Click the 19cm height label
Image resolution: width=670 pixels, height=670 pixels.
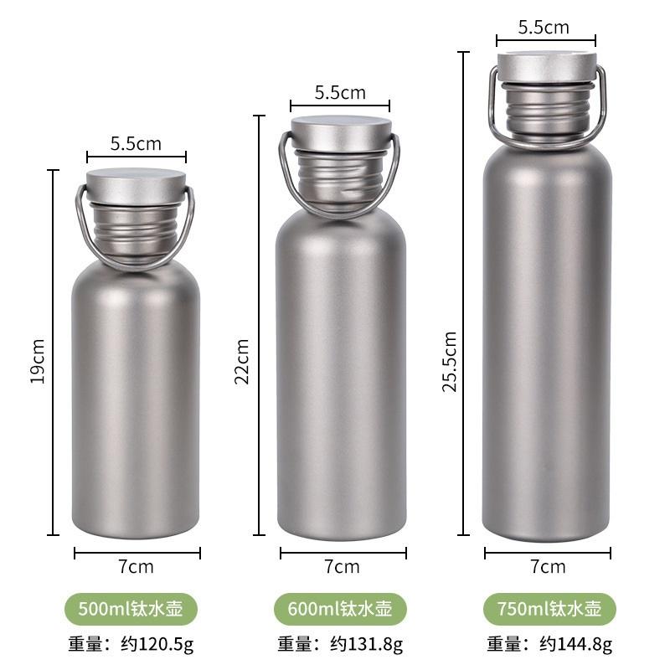(x=38, y=361)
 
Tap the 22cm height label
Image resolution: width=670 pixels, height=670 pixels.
(x=242, y=362)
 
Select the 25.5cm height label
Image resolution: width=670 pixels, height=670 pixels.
(x=450, y=362)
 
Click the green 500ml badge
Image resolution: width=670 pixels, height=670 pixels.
(x=131, y=609)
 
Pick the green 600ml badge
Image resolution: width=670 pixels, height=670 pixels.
(x=340, y=609)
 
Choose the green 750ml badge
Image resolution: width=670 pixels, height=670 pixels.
(x=549, y=609)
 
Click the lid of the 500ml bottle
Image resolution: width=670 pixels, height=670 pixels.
(x=137, y=186)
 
